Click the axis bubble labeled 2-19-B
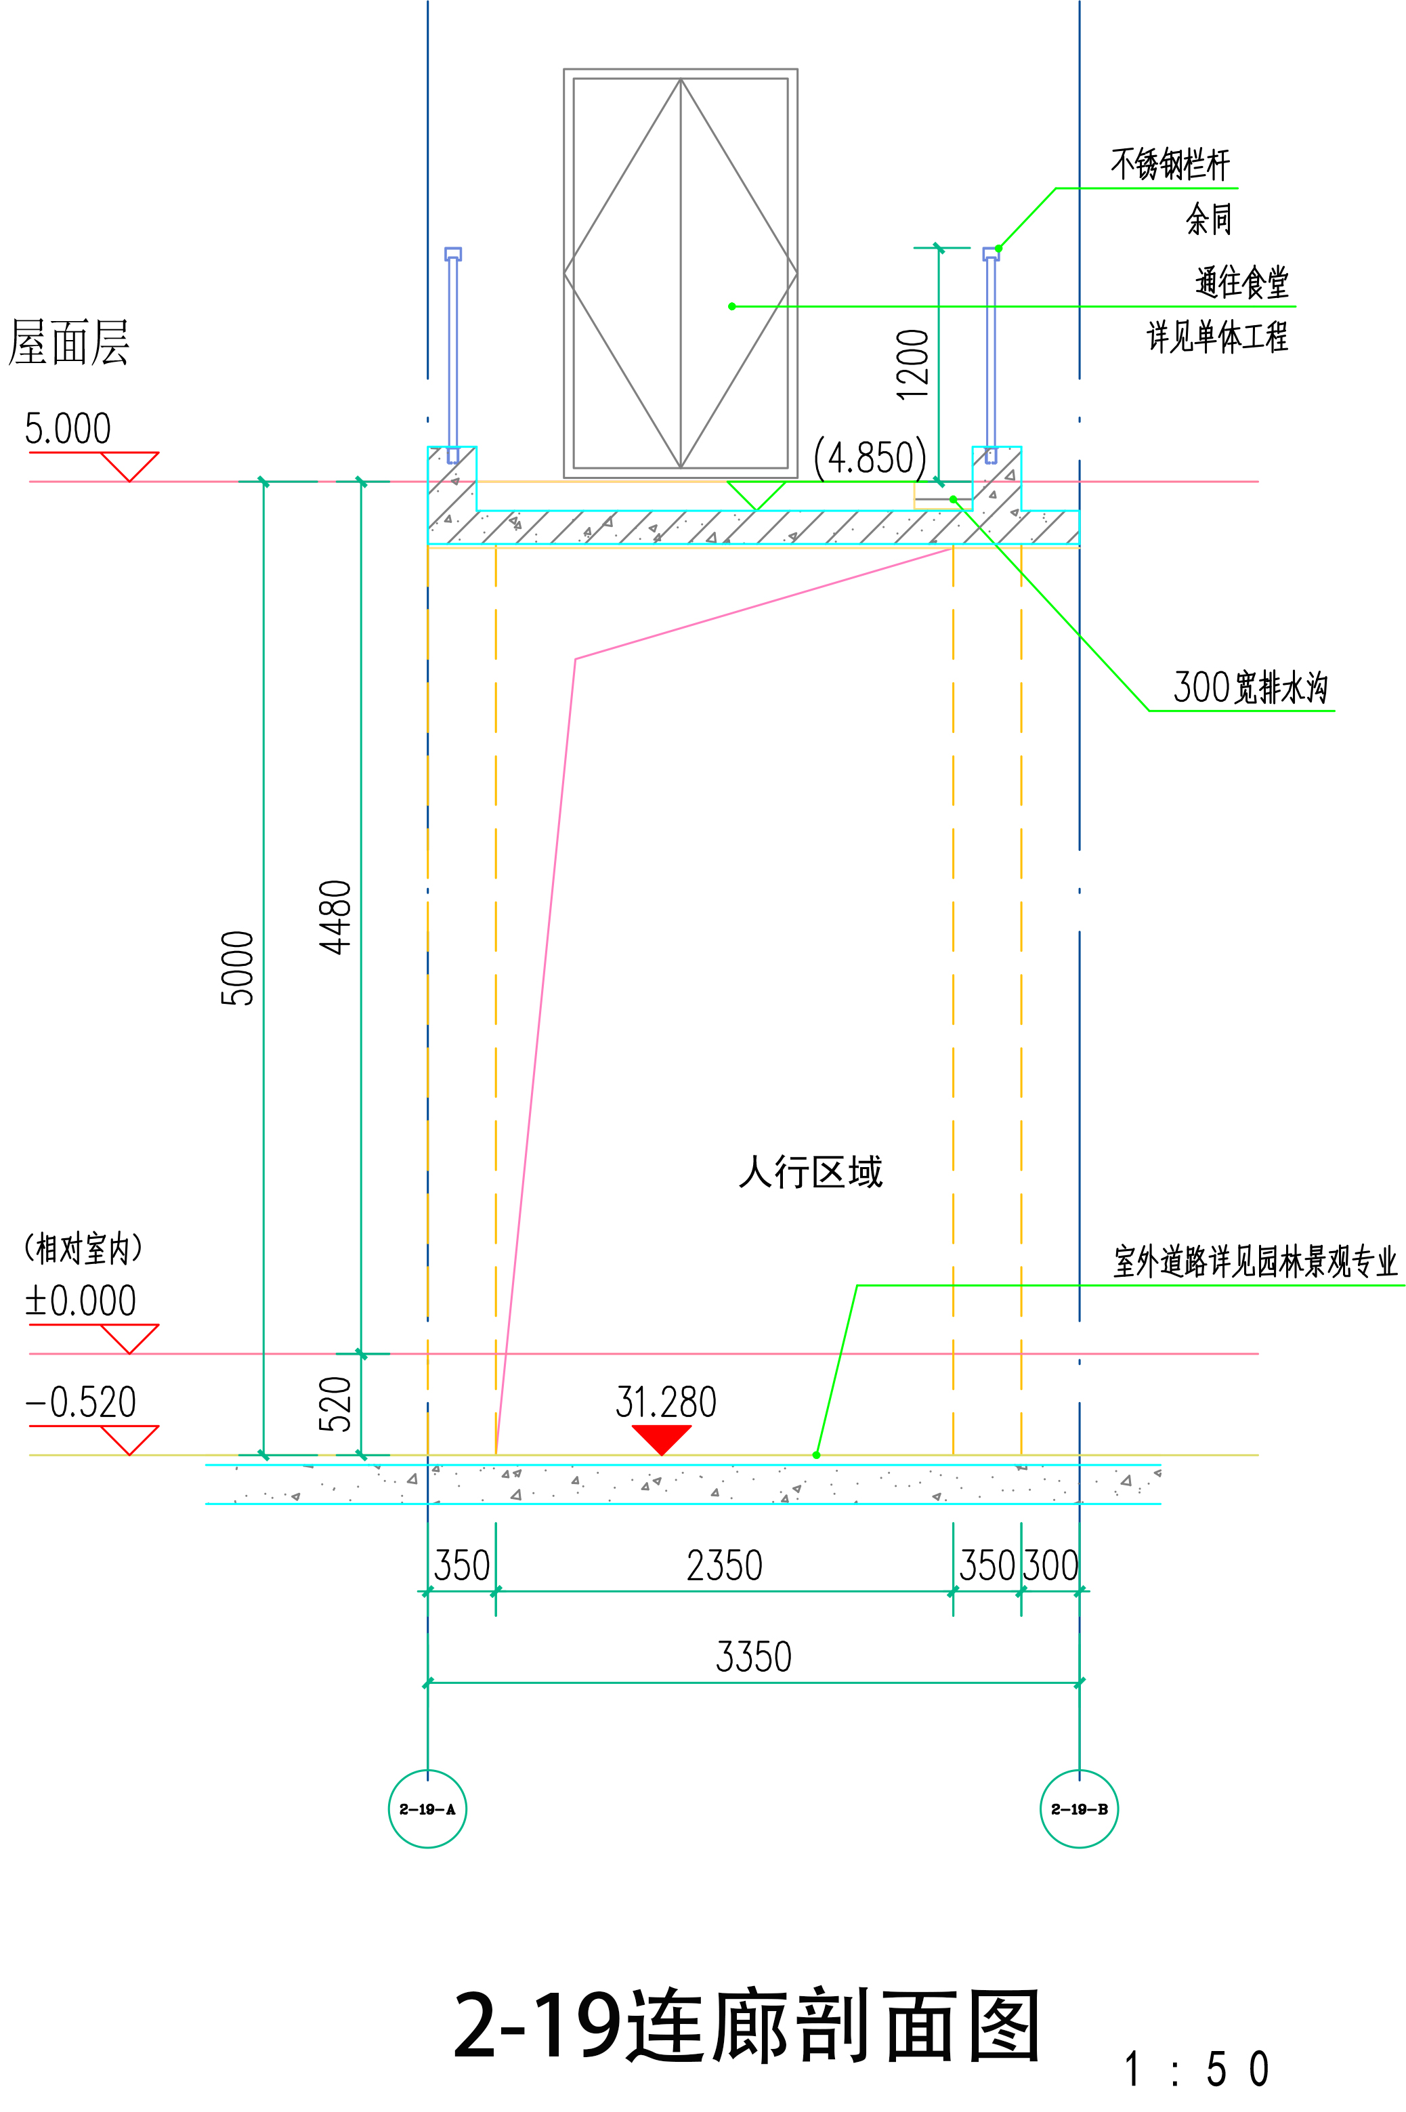point(1079,1809)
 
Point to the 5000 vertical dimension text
point(238,969)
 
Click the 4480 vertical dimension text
point(336,916)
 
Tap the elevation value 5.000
point(68,429)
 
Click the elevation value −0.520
point(81,1401)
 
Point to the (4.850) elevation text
point(870,457)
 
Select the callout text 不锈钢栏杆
point(1170,164)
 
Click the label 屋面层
point(69,343)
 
